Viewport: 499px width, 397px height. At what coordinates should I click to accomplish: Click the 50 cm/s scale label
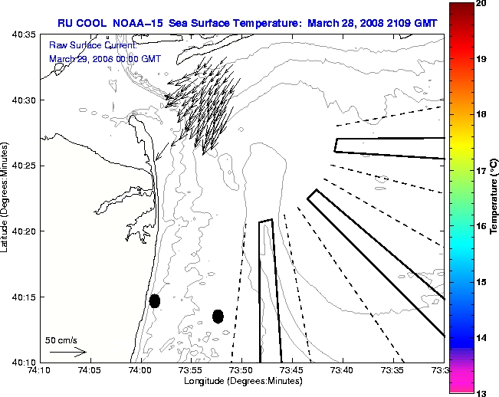pyautogui.click(x=61, y=340)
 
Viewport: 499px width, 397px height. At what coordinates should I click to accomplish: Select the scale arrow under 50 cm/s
pyautogui.click(x=67, y=352)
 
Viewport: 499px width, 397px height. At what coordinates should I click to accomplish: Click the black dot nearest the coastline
pyautogui.click(x=155, y=300)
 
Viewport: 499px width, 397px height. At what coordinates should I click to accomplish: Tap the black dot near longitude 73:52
pyautogui.click(x=218, y=316)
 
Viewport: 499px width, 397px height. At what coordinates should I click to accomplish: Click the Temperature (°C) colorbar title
pyautogui.click(x=494, y=198)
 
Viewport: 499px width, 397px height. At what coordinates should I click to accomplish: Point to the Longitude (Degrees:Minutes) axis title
pyautogui.click(x=241, y=381)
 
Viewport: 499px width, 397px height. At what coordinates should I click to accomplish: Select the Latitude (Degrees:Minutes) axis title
pyautogui.click(x=6, y=198)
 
